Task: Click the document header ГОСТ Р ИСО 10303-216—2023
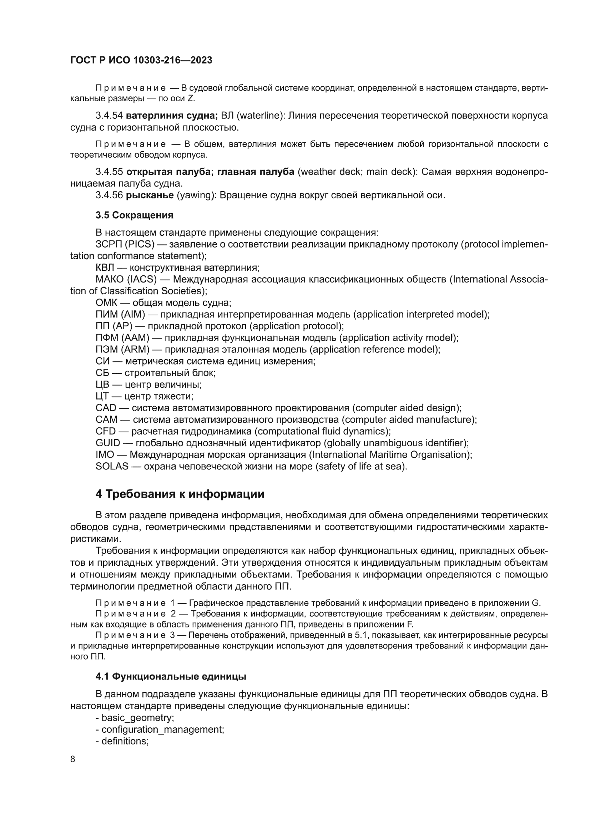141,60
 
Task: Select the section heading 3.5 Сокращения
134,215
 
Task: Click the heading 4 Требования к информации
180,494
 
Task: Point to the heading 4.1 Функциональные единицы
171,676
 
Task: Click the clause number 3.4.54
109,116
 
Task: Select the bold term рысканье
150,195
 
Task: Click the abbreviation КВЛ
105,268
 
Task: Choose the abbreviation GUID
107,443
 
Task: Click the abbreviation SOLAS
112,466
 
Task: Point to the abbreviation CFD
105,431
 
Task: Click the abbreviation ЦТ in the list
102,396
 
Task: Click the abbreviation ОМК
106,302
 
